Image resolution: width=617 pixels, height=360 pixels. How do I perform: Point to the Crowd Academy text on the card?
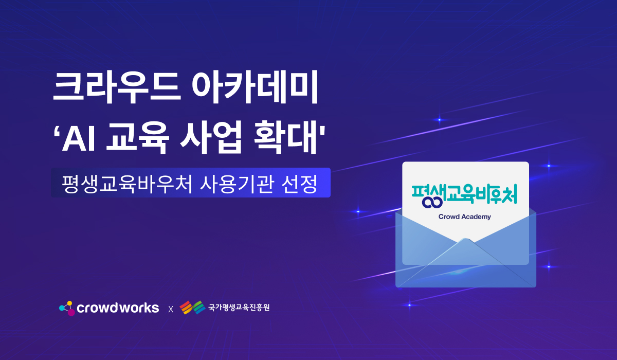pos(464,217)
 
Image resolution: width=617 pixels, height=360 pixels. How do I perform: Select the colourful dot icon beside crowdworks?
pos(67,308)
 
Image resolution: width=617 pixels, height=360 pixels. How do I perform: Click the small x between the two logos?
pos(171,310)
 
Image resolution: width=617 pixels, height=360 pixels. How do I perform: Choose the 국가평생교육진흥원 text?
pos(239,308)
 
